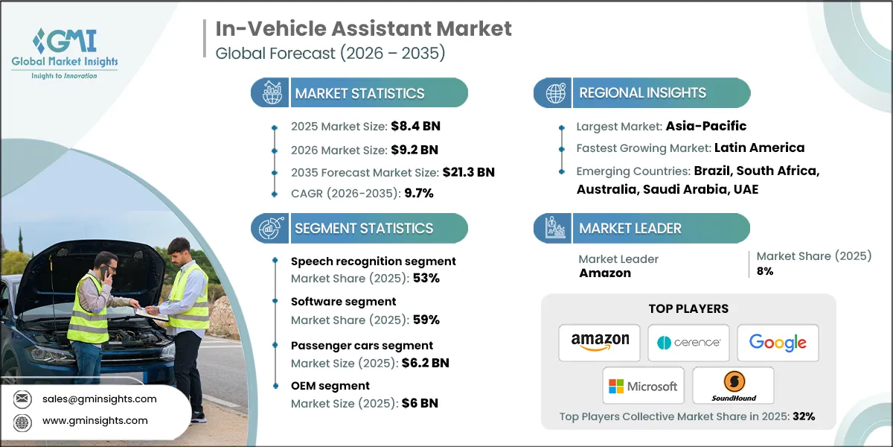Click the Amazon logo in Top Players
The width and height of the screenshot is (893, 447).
600,343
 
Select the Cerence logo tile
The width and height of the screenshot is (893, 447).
688,343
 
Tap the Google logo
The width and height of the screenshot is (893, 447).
778,343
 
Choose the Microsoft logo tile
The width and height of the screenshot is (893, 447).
644,386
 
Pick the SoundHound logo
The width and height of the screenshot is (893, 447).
733,386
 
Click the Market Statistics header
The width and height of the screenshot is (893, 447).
359,93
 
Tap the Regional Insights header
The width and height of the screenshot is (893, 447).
642,93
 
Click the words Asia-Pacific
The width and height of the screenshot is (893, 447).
706,126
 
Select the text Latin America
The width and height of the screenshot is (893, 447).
759,148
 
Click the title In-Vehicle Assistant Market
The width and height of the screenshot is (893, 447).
364,29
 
